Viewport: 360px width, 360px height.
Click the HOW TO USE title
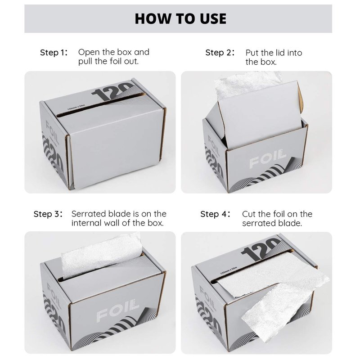[180, 18]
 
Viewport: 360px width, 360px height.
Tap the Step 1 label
[54, 53]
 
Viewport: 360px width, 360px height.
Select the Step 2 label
[220, 53]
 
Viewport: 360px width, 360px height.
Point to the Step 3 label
[48, 214]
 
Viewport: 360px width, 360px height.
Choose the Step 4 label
[215, 214]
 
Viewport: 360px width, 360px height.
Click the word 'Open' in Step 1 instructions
[89, 53]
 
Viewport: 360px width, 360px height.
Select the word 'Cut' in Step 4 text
[249, 214]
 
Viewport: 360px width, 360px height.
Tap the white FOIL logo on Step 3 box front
[118, 310]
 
